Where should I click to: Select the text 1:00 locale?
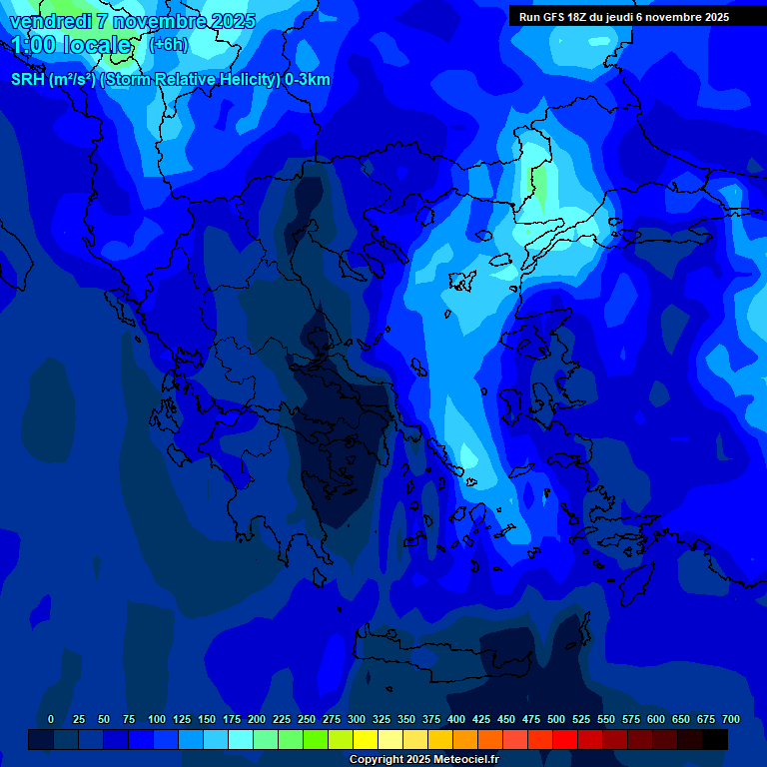click(71, 45)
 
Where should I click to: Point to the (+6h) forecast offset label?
click(168, 45)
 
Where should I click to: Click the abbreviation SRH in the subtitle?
click(28, 80)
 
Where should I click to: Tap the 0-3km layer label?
click(308, 80)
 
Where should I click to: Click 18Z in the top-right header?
click(577, 17)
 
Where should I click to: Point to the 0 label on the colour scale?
click(51, 719)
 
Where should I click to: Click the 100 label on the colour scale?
click(157, 719)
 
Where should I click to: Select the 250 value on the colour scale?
click(307, 719)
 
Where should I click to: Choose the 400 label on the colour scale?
click(456, 719)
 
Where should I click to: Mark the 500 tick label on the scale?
click(556, 719)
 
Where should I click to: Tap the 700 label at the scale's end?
click(731, 719)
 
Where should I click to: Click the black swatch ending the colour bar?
click(715, 739)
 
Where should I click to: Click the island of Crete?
click(439, 653)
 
